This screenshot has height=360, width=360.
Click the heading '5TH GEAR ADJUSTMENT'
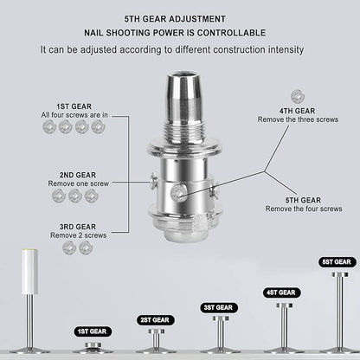pos(180,17)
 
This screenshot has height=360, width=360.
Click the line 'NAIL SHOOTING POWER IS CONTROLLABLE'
pos(180,33)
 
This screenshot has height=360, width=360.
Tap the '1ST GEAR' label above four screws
pos(70,106)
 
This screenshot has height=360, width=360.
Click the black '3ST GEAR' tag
pos(217,307)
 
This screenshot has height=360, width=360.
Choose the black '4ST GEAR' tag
pos(280,292)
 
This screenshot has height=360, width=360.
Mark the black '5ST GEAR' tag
pos(337,262)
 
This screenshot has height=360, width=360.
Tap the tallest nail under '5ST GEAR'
pos(337,307)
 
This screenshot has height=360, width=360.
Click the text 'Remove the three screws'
pos(296,119)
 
